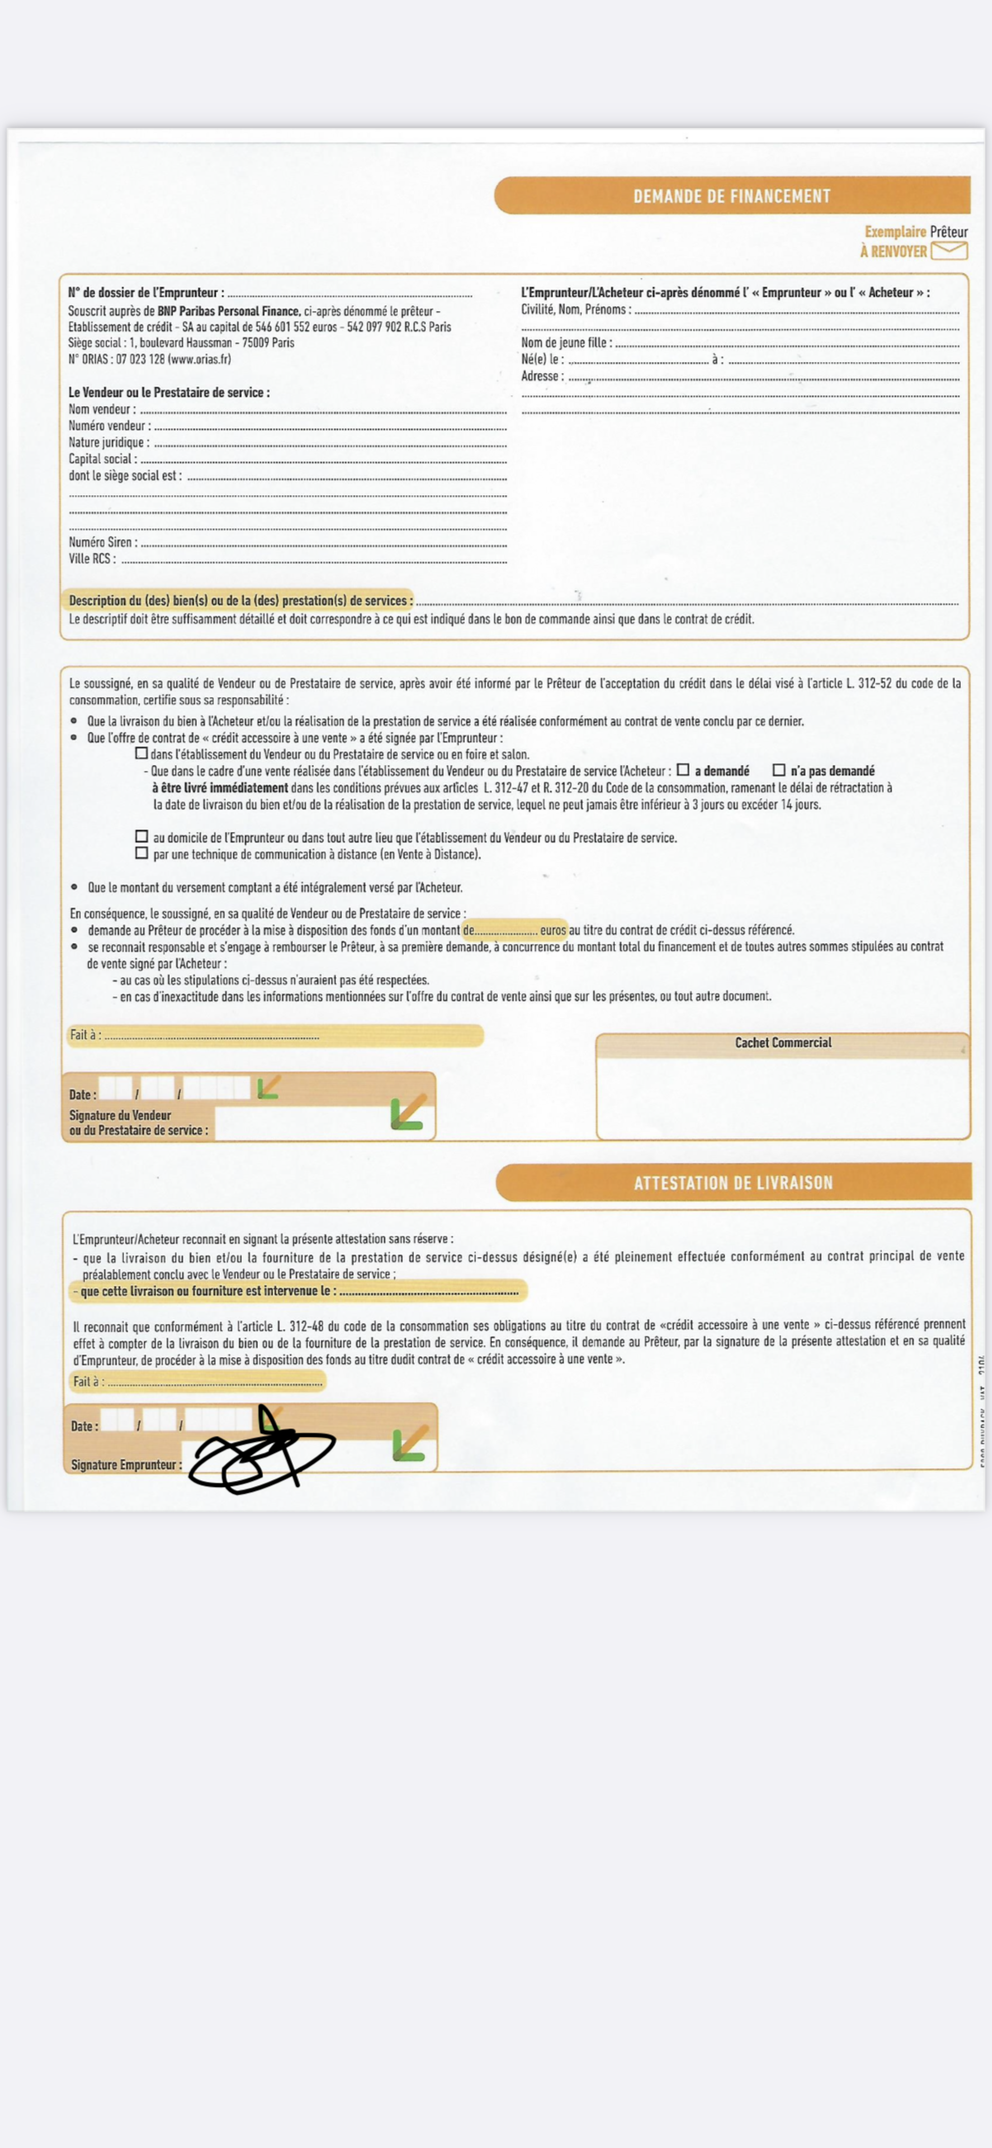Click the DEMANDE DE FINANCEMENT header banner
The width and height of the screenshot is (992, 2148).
[732, 196]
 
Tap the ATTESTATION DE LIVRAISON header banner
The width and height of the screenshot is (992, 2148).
[733, 1182]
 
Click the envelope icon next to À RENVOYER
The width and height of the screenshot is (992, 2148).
[949, 250]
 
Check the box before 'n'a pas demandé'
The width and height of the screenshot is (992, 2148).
[779, 770]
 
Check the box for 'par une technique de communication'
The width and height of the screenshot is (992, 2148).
[142, 853]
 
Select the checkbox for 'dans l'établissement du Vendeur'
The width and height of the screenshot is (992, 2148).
[142, 753]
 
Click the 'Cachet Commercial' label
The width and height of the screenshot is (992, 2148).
[783, 1042]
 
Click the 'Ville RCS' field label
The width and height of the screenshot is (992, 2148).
[92, 559]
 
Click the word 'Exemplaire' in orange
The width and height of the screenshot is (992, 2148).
[894, 232]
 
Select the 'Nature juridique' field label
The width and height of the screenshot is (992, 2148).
[108, 442]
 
